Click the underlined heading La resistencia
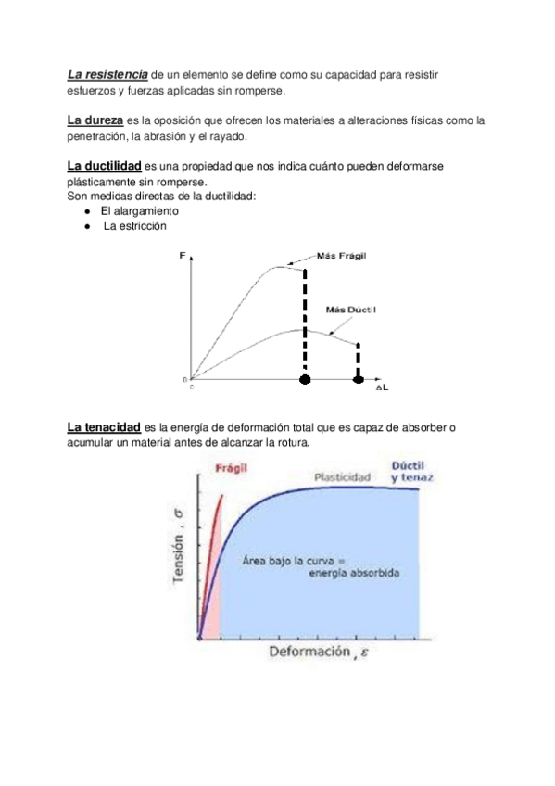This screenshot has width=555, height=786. click(x=107, y=73)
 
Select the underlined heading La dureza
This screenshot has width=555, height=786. click(x=95, y=120)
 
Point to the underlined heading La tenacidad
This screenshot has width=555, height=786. click(x=104, y=427)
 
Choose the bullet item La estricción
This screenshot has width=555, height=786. click(x=135, y=225)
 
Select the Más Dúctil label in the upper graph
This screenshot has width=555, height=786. click(x=351, y=309)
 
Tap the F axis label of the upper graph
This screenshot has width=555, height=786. click(x=182, y=253)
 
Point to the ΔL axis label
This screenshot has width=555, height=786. click(x=381, y=388)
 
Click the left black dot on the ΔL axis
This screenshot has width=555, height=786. click(x=304, y=379)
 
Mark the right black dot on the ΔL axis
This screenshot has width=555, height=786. click(x=359, y=379)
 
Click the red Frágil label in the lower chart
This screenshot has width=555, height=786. click(x=230, y=469)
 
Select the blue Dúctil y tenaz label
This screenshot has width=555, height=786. click(x=411, y=471)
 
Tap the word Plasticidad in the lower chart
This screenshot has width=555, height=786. click(x=342, y=476)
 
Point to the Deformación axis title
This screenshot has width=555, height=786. click(x=309, y=653)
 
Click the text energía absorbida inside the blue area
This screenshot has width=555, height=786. click(x=355, y=575)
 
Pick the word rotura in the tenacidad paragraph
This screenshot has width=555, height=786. click(x=291, y=442)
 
